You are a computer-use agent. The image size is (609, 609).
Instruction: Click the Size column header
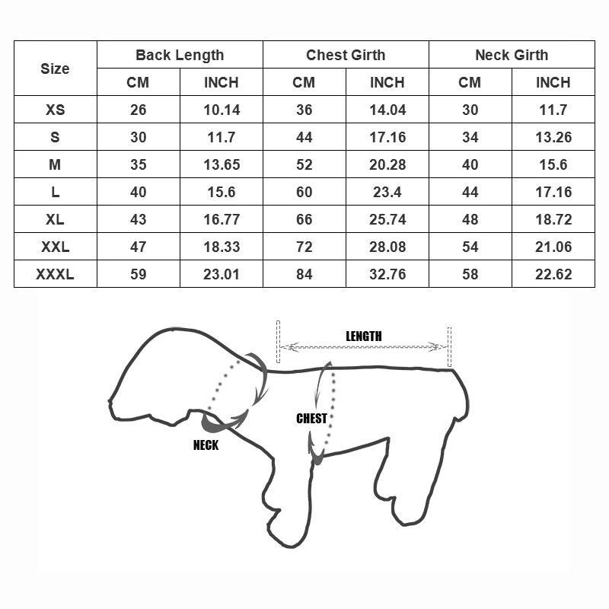coord(55,69)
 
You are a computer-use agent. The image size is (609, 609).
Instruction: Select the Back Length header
coord(180,55)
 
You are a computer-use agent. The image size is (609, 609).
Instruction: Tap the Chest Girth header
coord(346,55)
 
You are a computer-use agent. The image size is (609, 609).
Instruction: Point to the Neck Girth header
coord(512,55)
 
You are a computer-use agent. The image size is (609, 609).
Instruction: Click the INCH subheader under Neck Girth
coord(553,82)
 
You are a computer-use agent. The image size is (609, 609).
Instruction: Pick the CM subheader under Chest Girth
coord(304,82)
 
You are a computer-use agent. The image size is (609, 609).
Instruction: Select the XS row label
coord(55,110)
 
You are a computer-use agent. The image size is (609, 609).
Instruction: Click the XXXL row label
coord(55,274)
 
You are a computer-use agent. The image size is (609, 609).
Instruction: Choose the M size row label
coord(55,164)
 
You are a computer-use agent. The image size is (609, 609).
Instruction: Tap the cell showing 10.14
coord(222,110)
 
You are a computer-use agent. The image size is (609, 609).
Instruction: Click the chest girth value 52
coord(304,164)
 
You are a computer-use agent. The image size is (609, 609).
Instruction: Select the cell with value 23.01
coord(222,274)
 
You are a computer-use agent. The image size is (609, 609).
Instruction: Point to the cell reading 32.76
coord(387,274)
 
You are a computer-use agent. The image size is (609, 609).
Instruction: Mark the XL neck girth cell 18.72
coord(553,219)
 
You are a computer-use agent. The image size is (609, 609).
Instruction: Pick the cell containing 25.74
coord(387,219)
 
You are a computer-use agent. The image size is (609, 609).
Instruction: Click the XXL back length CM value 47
coord(138,247)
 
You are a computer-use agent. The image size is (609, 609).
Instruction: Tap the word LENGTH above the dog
coord(364,336)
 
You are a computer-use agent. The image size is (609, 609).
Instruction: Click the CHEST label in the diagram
coord(311,418)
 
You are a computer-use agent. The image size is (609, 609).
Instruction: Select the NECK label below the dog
coord(206,445)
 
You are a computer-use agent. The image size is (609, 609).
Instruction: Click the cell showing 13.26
coord(553,137)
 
